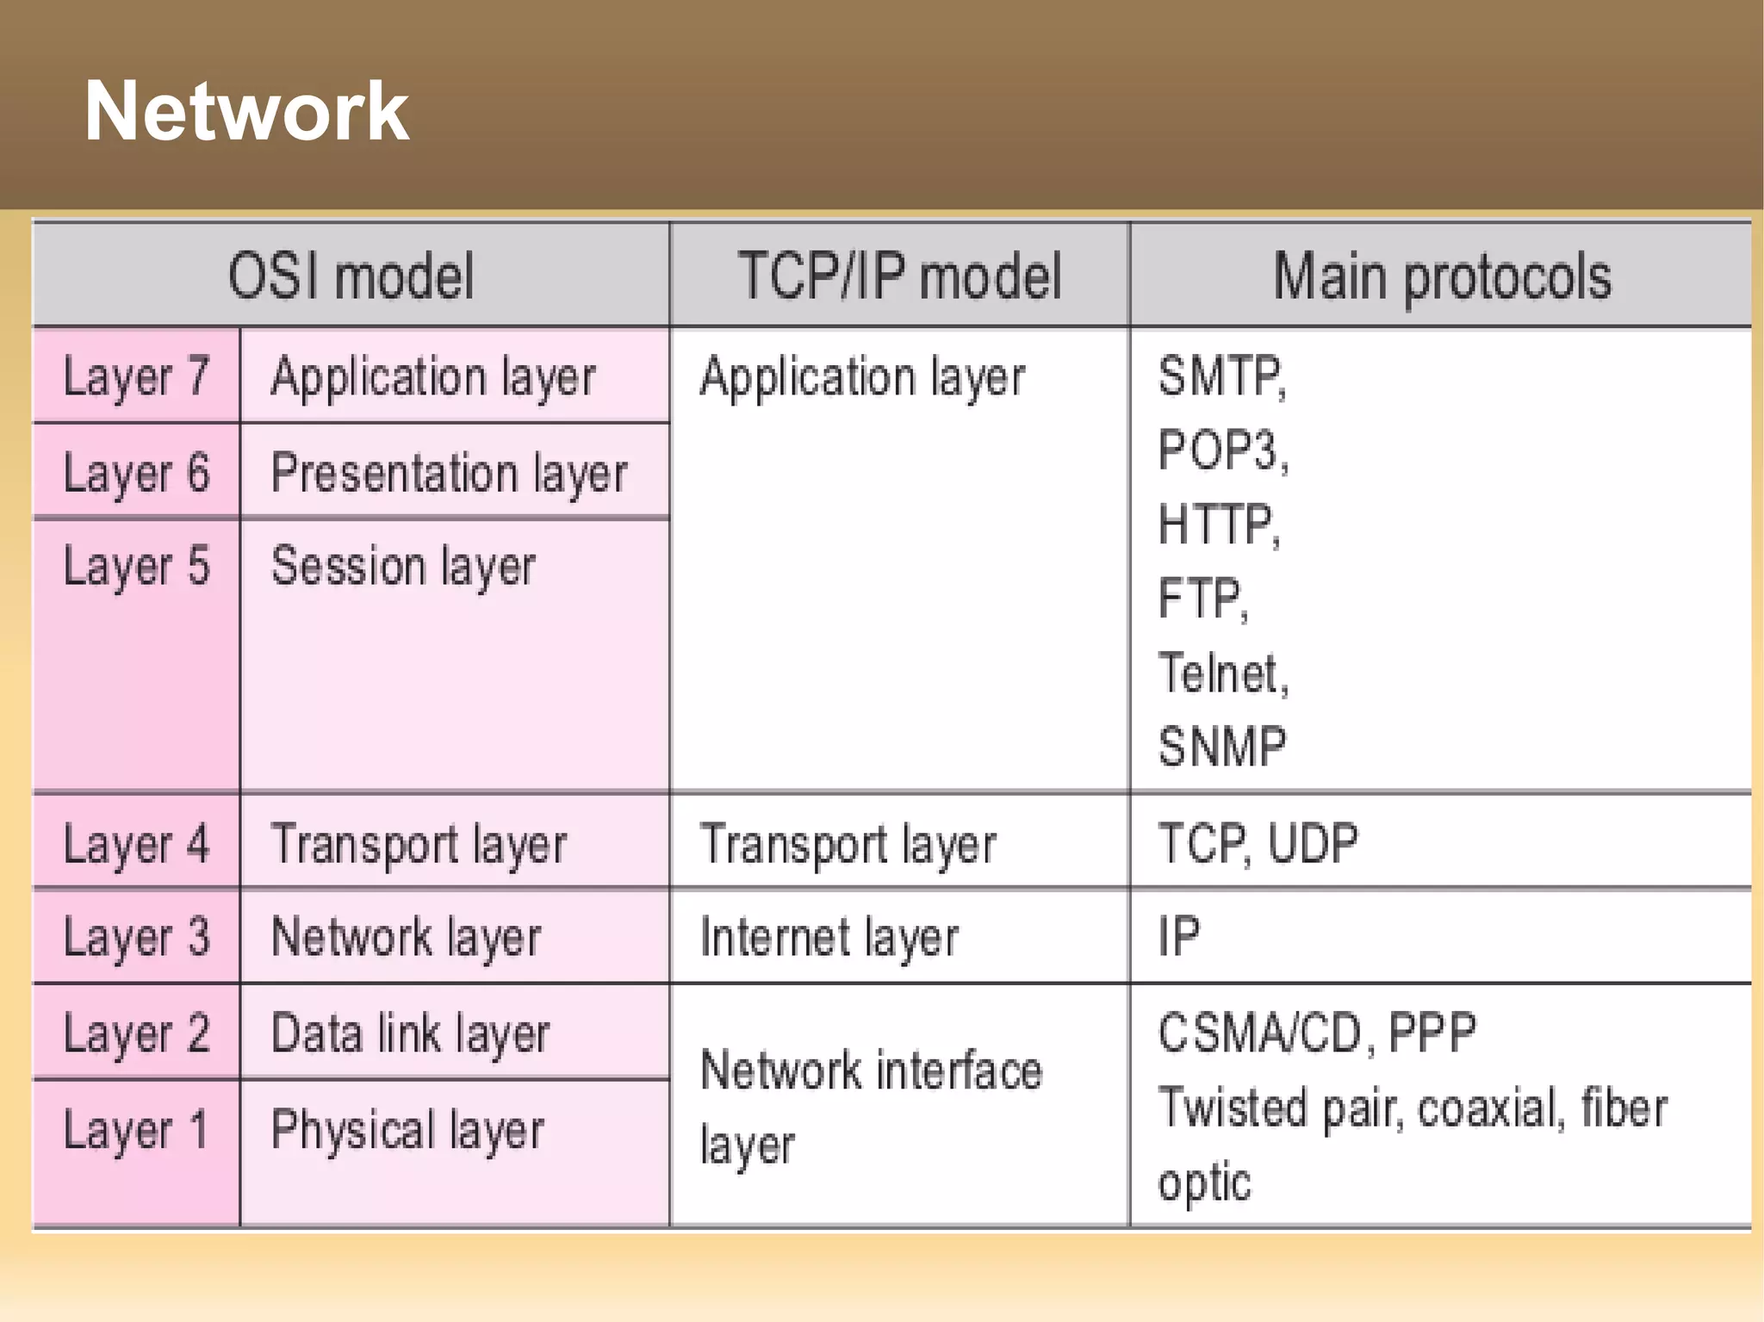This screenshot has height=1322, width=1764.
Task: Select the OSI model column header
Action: pos(351,276)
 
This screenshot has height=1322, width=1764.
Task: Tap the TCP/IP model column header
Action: pos(899,276)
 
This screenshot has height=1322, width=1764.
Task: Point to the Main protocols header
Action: pos(1441,276)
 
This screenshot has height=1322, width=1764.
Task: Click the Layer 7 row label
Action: pos(136,377)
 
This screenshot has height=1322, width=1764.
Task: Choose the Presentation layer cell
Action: pos(449,473)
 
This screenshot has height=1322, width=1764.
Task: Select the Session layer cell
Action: pos(403,567)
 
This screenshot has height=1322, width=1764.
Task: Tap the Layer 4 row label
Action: pos(136,844)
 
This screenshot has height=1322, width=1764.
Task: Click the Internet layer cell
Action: pos(829,937)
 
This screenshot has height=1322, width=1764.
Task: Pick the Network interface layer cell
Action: pos(870,1106)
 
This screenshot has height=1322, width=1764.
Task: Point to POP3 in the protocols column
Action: pos(1221,450)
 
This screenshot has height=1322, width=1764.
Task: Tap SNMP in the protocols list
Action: pos(1221,746)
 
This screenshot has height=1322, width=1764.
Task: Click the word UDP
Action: pos(1313,843)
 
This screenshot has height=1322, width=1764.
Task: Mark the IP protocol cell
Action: pos(1178,936)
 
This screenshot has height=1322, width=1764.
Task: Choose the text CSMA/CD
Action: pos(1259,1032)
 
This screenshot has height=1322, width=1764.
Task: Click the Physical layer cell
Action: pos(407,1130)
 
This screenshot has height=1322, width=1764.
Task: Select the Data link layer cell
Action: pos(409,1033)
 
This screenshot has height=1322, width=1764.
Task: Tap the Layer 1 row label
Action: pos(136,1130)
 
